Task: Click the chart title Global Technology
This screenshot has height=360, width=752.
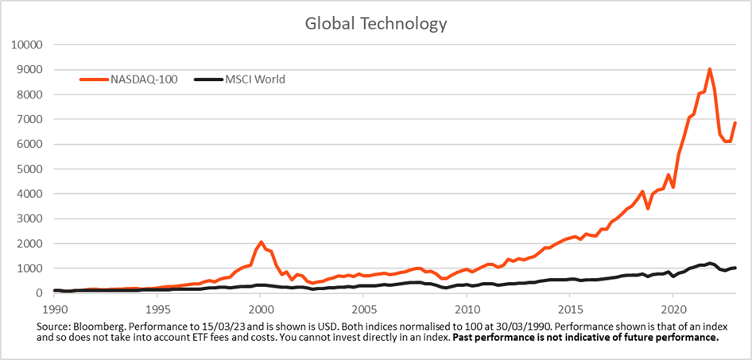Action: (x=376, y=24)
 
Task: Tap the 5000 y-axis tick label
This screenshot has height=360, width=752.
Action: (x=30, y=168)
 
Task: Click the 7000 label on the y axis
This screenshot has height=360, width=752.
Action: (x=30, y=119)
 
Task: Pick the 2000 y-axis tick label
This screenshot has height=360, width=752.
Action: (x=30, y=243)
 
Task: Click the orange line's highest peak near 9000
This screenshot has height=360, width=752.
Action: (x=709, y=69)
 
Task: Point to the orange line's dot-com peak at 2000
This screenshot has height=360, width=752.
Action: (x=261, y=242)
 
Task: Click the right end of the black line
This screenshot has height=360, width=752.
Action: (x=735, y=268)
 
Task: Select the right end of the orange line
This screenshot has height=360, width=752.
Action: (x=735, y=123)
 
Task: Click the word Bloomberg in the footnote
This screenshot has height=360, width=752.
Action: (x=96, y=327)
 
